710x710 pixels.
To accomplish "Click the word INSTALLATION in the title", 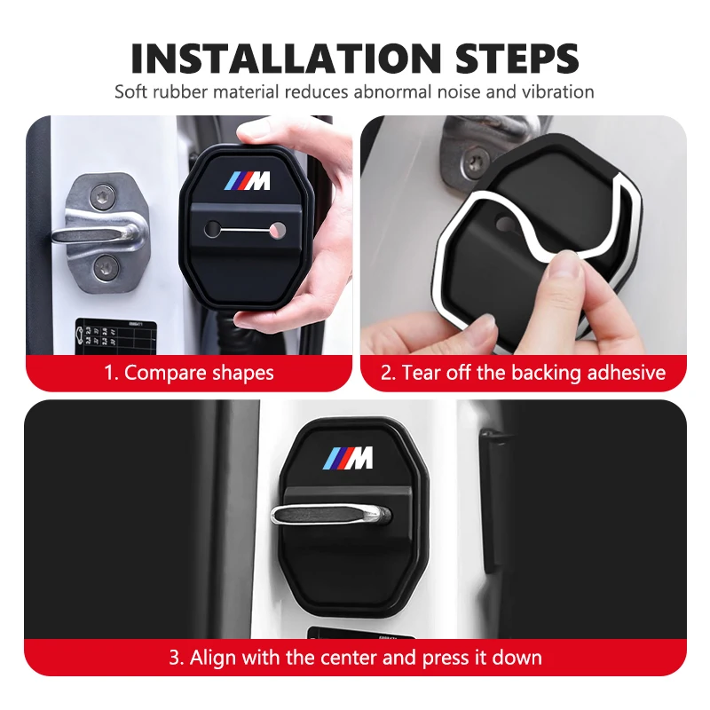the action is point(286,59).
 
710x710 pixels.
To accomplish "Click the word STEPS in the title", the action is point(517,59).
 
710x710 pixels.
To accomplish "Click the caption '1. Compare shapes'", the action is point(189,373).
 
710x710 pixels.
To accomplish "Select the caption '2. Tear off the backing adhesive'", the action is point(523,373).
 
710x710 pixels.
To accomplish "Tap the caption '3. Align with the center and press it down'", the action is point(356,658).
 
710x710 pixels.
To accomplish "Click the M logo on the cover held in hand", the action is point(248,181).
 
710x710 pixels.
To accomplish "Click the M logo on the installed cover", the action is point(348,458).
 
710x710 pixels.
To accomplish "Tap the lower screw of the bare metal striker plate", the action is point(106,268).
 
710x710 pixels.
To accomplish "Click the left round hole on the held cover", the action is point(212,230).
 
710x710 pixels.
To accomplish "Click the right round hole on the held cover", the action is point(278,231).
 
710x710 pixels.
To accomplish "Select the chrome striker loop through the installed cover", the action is point(331,516).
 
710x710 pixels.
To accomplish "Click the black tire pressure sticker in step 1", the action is point(116,336).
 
